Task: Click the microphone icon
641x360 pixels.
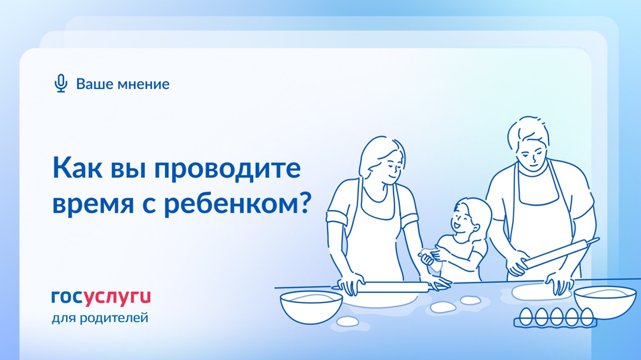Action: coord(61,84)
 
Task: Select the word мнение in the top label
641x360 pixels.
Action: coord(143,84)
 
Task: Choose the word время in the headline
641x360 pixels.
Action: coord(95,203)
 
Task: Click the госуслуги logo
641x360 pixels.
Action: coord(101,296)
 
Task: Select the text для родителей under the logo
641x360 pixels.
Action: coord(100,318)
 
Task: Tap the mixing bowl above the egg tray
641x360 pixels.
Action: coord(605,300)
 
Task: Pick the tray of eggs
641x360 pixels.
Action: coord(554,317)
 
